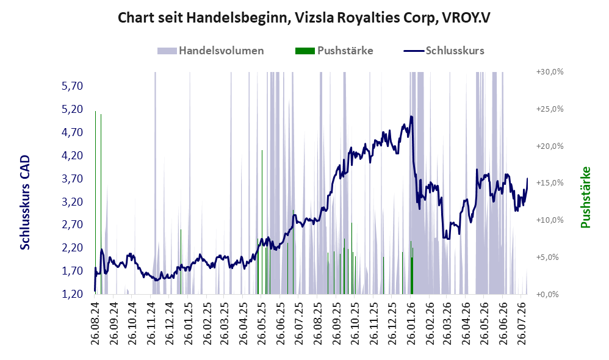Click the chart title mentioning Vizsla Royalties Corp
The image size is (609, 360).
click(304, 18)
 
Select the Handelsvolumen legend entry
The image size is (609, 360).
click(211, 51)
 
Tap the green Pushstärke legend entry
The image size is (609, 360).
click(334, 51)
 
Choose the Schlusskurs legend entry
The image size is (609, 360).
click(444, 51)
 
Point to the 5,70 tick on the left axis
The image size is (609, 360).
click(72, 86)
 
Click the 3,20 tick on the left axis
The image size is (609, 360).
click(72, 201)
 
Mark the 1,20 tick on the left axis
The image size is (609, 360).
click(72, 294)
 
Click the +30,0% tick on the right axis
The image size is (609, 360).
click(550, 72)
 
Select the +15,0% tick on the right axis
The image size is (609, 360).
click(550, 183)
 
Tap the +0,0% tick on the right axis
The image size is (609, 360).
click(547, 294)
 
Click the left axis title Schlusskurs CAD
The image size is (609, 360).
click(25, 203)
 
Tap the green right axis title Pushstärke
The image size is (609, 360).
click(585, 197)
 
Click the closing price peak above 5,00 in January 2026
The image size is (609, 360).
click(411, 117)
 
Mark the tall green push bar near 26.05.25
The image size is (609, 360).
click(262, 221)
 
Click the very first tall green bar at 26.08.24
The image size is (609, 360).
click(96, 203)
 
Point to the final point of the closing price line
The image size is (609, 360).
click(527, 178)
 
